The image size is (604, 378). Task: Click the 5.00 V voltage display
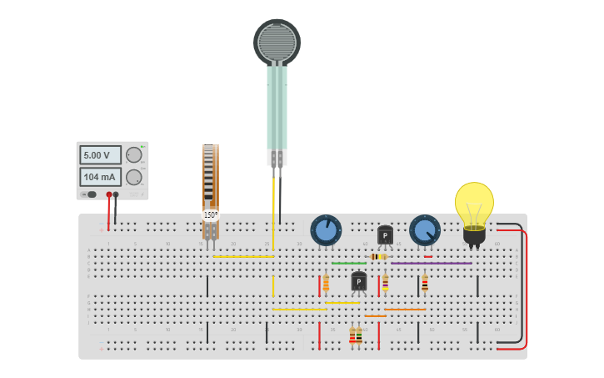100,155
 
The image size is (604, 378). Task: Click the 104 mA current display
100,177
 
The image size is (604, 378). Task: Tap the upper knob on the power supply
133,155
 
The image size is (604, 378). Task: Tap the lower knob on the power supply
133,177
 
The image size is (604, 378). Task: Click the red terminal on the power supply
108,194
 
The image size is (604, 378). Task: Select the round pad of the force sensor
277,42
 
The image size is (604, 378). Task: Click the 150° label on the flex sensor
211,215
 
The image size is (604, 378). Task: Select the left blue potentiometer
326,230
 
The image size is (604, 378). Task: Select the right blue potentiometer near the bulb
424,230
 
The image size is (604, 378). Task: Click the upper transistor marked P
385,235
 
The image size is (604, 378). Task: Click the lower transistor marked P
358,282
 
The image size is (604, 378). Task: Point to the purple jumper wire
431,264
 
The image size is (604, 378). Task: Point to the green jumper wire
348,264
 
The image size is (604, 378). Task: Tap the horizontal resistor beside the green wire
378,257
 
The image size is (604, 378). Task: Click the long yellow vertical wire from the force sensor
273,217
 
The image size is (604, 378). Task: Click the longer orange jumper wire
405,310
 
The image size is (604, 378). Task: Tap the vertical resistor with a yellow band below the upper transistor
385,283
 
